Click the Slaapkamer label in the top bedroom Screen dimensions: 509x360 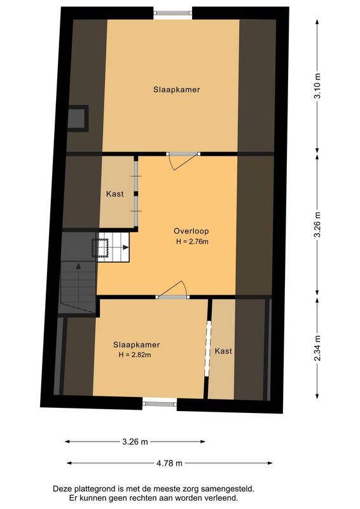(176, 90)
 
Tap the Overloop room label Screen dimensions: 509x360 (191, 231)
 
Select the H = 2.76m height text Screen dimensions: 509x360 (192, 242)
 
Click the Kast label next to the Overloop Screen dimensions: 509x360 (114, 193)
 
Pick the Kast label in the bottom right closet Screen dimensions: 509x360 (223, 351)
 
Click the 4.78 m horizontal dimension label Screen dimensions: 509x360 (170, 463)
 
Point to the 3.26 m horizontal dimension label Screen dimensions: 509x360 (135, 441)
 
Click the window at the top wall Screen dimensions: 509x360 (172, 12)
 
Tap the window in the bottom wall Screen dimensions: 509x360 (160, 401)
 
